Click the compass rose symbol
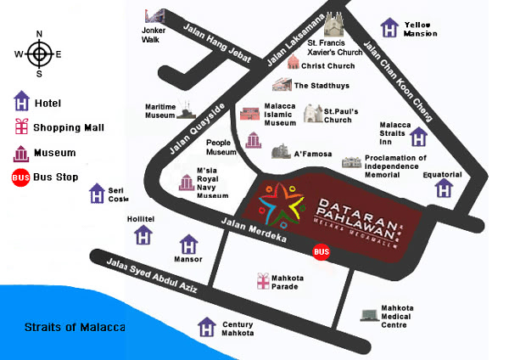(39, 54)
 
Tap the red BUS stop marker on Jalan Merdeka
(322, 251)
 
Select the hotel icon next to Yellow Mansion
(389, 28)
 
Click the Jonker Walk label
(154, 35)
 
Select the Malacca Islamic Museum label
(281, 114)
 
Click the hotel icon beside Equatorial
(445, 188)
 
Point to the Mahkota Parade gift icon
(263, 279)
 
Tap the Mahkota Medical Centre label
(396, 316)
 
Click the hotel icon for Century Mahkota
(206, 326)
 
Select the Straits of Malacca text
(75, 327)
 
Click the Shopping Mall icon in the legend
(21, 128)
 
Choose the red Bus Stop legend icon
(21, 177)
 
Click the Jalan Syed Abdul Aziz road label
(152, 276)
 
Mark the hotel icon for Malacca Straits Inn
(419, 136)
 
